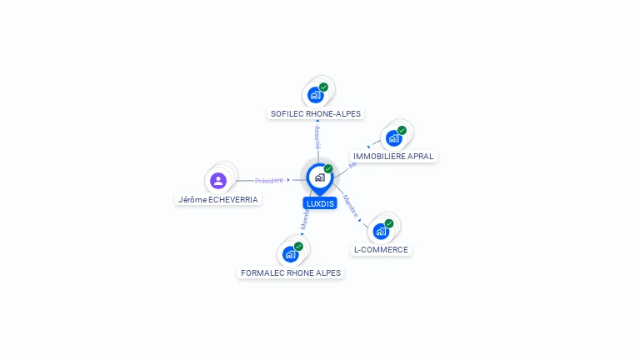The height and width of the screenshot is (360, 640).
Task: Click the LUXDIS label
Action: (x=320, y=203)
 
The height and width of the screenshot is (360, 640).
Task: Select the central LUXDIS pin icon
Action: (x=319, y=177)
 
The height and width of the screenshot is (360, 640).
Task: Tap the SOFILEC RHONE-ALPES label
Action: (x=317, y=113)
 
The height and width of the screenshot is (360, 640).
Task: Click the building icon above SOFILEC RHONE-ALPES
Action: (x=315, y=94)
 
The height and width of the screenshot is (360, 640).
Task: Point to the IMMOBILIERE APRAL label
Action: (x=393, y=156)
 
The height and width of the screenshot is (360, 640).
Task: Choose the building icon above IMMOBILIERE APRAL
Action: (x=393, y=138)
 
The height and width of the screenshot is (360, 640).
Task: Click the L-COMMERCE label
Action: (x=381, y=249)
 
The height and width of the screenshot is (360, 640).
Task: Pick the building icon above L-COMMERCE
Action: (x=381, y=232)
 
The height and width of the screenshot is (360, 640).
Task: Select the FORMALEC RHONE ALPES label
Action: (x=290, y=272)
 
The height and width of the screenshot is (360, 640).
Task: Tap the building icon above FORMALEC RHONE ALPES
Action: (x=290, y=254)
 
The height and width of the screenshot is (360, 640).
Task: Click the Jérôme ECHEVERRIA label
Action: (x=218, y=199)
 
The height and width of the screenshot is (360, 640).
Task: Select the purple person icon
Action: (x=218, y=180)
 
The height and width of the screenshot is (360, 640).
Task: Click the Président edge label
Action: (x=269, y=180)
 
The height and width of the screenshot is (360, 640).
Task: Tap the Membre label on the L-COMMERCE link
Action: (x=351, y=207)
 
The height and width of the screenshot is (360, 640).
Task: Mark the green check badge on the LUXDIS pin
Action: (x=328, y=169)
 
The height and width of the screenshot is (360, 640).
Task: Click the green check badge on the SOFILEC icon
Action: (x=323, y=87)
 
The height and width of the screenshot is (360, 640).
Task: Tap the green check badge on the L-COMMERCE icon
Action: (x=389, y=223)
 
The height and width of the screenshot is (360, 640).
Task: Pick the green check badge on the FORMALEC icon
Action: (x=298, y=246)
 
